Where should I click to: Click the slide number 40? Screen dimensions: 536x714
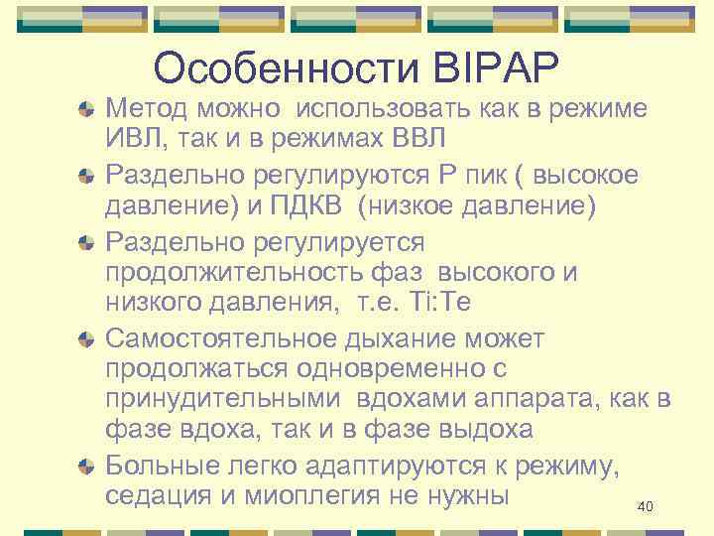(x=645, y=507)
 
